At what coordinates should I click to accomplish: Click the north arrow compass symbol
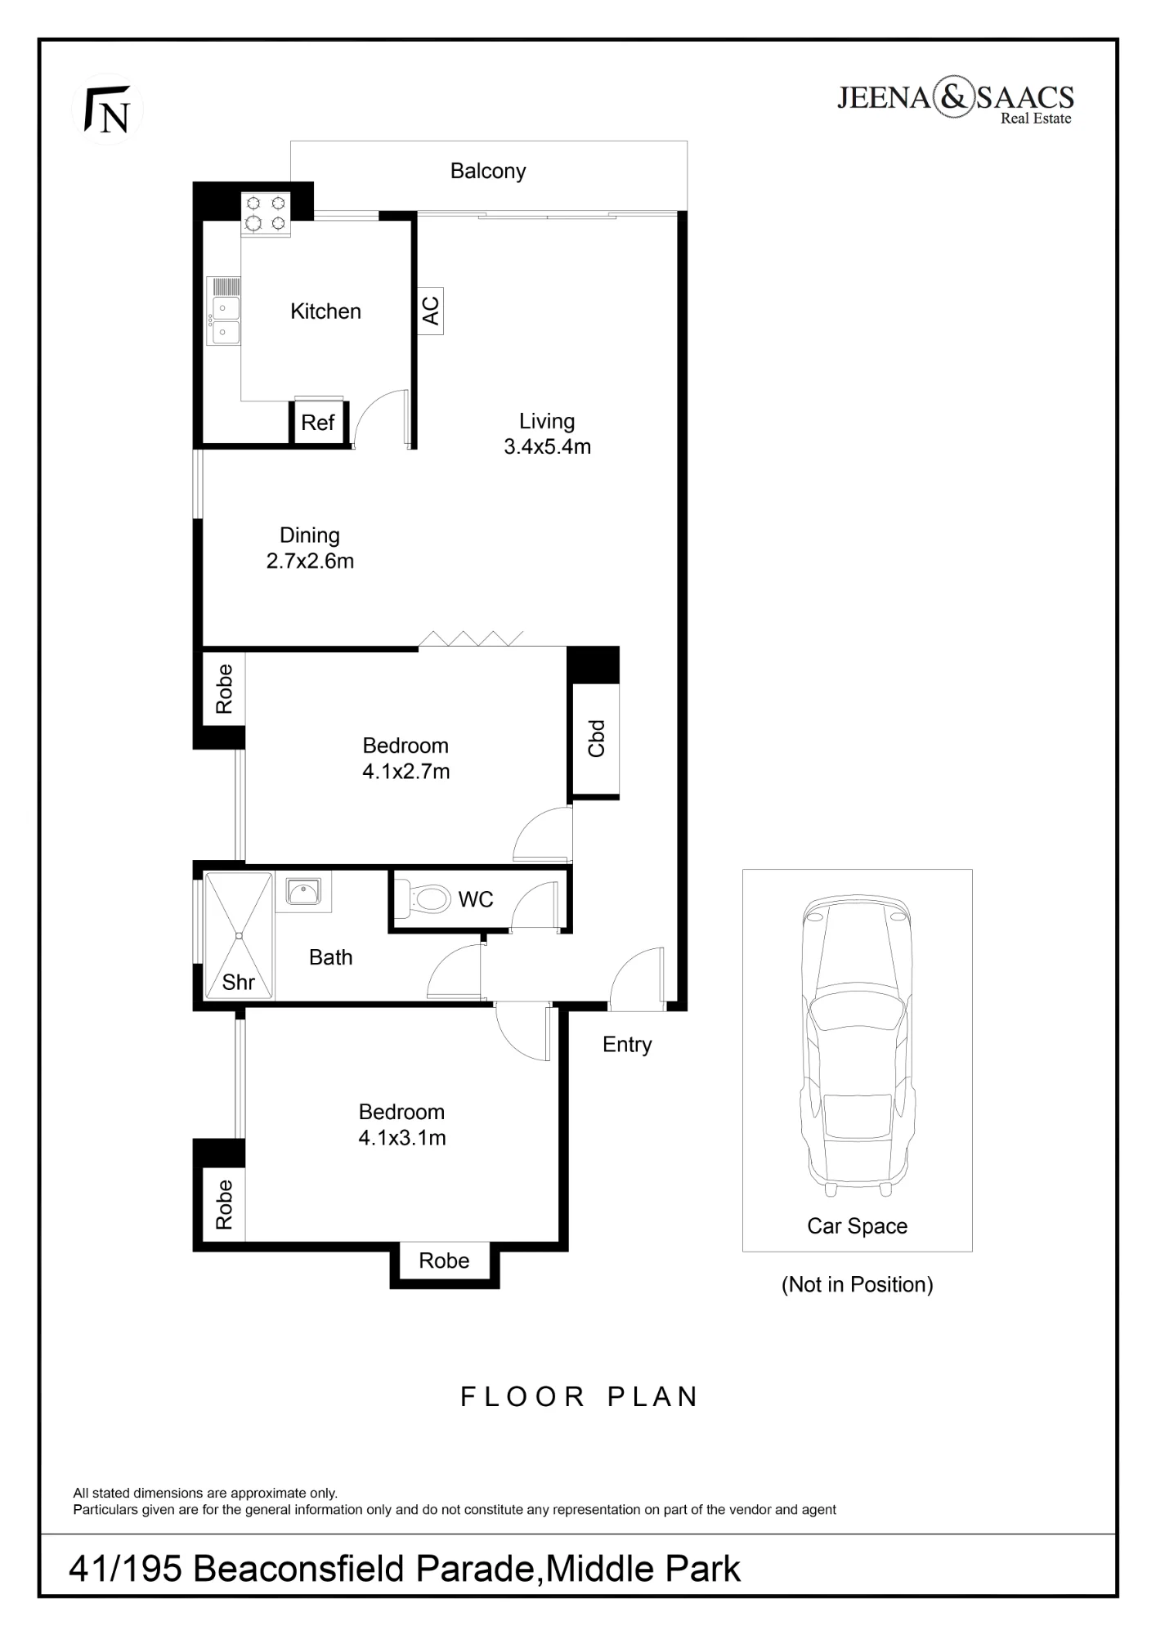pyautogui.click(x=107, y=110)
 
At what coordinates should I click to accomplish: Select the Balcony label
pyautogui.click(x=488, y=171)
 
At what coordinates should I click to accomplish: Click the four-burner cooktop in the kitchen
pyautogui.click(x=266, y=213)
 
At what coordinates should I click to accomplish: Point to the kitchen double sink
pyautogui.click(x=223, y=311)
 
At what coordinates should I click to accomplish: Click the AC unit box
pyautogui.click(x=431, y=311)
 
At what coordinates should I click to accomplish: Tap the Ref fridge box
pyautogui.click(x=318, y=422)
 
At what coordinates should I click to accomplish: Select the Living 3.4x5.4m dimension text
pyautogui.click(x=547, y=434)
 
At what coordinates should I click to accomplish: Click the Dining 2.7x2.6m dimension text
pyautogui.click(x=310, y=549)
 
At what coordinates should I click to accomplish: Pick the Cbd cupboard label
pyautogui.click(x=596, y=738)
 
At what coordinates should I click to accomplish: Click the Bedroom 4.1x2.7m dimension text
pyautogui.click(x=406, y=759)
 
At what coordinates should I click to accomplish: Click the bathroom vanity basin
pyautogui.click(x=304, y=892)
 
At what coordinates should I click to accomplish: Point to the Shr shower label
pyautogui.click(x=239, y=982)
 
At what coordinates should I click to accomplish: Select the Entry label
pyautogui.click(x=627, y=1045)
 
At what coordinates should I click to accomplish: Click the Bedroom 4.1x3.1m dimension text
pyautogui.click(x=402, y=1125)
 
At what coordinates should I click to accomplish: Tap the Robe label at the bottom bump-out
pyautogui.click(x=444, y=1261)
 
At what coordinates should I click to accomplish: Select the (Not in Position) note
pyautogui.click(x=858, y=1284)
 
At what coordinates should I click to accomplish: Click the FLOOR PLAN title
pyautogui.click(x=579, y=1397)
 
